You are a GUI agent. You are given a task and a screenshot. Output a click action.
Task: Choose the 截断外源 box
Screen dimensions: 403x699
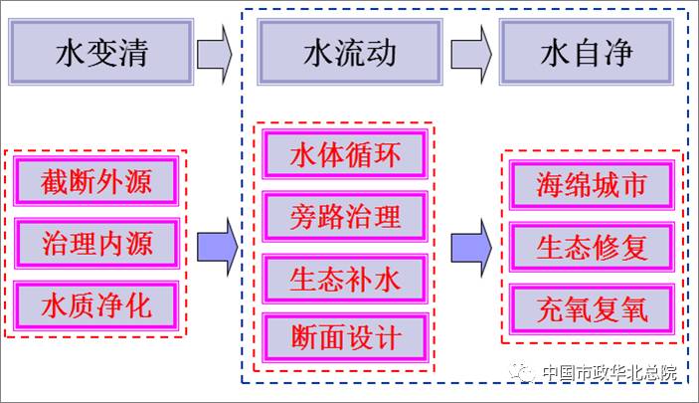96,182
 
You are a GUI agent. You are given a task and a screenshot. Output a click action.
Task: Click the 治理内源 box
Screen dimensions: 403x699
96,243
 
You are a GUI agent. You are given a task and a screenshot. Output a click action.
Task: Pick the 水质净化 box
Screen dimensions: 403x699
96,304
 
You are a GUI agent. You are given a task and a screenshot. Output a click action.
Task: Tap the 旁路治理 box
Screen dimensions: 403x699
345,215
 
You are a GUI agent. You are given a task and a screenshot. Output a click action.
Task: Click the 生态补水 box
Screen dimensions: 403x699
345,277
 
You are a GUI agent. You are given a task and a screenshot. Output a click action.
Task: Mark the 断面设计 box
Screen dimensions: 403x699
345,337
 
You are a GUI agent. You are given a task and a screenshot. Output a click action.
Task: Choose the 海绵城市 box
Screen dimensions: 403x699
592,185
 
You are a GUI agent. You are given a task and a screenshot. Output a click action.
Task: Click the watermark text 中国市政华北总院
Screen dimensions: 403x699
608,374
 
